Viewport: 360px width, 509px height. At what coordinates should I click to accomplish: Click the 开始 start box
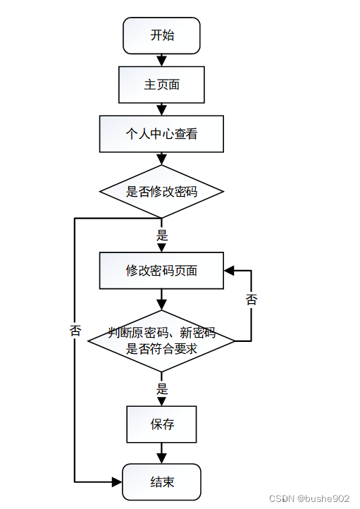(161, 36)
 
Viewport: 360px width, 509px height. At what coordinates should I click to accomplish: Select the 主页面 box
(161, 85)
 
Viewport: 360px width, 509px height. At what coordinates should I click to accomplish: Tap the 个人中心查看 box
(161, 134)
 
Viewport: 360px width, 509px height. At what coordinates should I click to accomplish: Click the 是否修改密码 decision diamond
(161, 192)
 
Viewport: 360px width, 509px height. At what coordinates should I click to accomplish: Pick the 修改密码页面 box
(161, 271)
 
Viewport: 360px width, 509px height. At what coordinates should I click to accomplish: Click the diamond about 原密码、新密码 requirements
(161, 341)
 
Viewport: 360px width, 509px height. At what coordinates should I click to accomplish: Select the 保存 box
(161, 424)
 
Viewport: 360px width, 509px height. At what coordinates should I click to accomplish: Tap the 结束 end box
(161, 482)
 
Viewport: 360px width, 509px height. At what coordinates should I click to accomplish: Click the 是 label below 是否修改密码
(162, 235)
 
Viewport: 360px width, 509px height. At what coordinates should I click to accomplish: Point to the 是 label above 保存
(162, 388)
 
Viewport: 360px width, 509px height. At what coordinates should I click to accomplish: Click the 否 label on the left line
(75, 331)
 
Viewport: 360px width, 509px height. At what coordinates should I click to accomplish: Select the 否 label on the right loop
(252, 300)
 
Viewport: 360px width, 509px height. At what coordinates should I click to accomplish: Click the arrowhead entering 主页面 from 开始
(161, 61)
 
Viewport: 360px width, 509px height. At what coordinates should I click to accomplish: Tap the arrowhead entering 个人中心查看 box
(161, 111)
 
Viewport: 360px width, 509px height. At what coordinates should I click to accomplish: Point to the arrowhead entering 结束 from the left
(117, 482)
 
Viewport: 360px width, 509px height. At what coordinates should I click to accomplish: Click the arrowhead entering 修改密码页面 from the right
(229, 271)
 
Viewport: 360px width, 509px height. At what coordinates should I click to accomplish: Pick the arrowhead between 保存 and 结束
(161, 458)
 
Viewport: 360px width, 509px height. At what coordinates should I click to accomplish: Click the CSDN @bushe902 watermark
(309, 498)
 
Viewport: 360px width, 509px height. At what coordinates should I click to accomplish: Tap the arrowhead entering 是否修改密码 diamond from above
(161, 160)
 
